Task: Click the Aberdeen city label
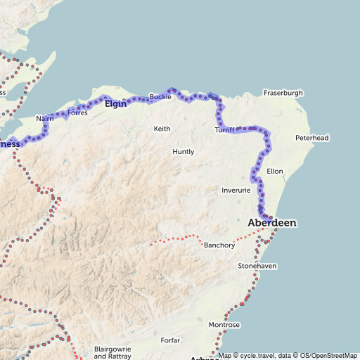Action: [272, 222]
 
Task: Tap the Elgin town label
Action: [115, 104]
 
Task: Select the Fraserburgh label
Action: [283, 93]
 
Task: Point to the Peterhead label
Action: [311, 138]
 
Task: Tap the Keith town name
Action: [162, 129]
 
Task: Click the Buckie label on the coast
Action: [160, 96]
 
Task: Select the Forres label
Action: [77, 112]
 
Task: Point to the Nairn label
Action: [44, 120]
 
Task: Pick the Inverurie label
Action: [236, 191]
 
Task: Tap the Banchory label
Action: [219, 245]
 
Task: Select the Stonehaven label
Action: [257, 266]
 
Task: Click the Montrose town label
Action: [224, 325]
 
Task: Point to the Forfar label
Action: [170, 340]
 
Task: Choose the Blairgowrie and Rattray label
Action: [112, 352]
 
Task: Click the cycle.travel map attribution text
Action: [255, 356]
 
